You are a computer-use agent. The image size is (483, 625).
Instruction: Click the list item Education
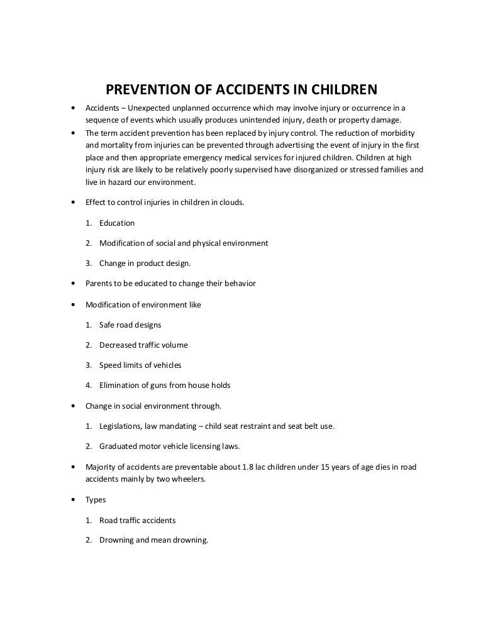(117, 223)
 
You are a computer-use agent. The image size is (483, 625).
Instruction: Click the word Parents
(99, 284)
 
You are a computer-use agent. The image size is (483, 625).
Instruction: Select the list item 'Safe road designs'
(130, 324)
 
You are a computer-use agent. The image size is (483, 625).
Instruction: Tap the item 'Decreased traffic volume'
(143, 345)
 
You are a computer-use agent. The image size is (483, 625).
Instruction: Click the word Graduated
(117, 446)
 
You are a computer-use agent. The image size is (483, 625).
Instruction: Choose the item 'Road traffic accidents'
(137, 520)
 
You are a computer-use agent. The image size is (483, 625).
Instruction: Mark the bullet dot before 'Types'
(74, 500)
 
